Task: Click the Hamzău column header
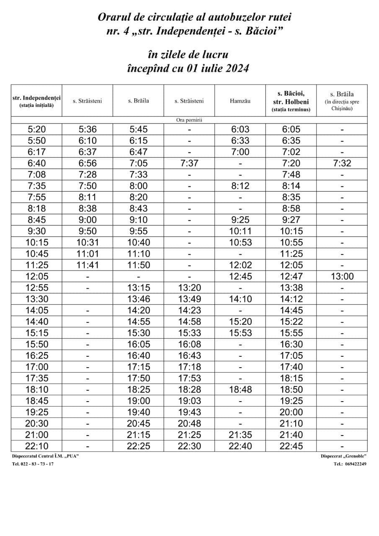[x=240, y=100]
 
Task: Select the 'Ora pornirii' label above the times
[x=189, y=120]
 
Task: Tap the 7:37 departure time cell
[x=189, y=163]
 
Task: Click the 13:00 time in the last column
[x=342, y=276]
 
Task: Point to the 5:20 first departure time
[x=36, y=129]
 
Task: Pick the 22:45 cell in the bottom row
[x=291, y=446]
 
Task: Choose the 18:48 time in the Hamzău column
[x=240, y=389]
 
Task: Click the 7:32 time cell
[x=342, y=163]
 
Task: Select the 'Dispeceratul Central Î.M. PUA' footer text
[x=46, y=456]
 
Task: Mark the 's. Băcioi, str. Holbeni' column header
[x=291, y=100]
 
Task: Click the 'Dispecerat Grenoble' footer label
[x=343, y=456]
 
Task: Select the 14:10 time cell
[x=240, y=299]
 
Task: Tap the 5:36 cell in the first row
[x=88, y=129]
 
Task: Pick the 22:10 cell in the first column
[x=36, y=446]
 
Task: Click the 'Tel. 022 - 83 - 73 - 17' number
[x=33, y=464]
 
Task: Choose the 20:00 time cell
[x=291, y=412]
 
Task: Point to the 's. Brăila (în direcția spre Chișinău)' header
[x=342, y=100]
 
